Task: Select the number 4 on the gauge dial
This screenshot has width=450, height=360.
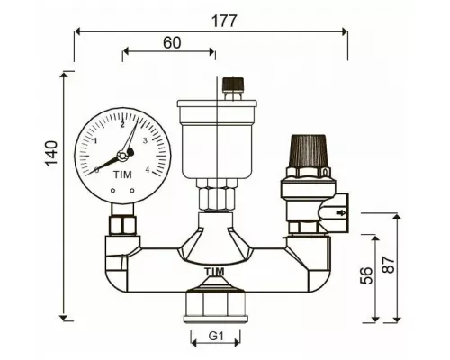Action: click(147, 168)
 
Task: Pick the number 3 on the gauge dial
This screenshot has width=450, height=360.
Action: click(146, 141)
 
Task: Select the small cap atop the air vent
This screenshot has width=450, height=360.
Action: click(232, 85)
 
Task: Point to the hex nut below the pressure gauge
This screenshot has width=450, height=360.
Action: click(121, 226)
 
